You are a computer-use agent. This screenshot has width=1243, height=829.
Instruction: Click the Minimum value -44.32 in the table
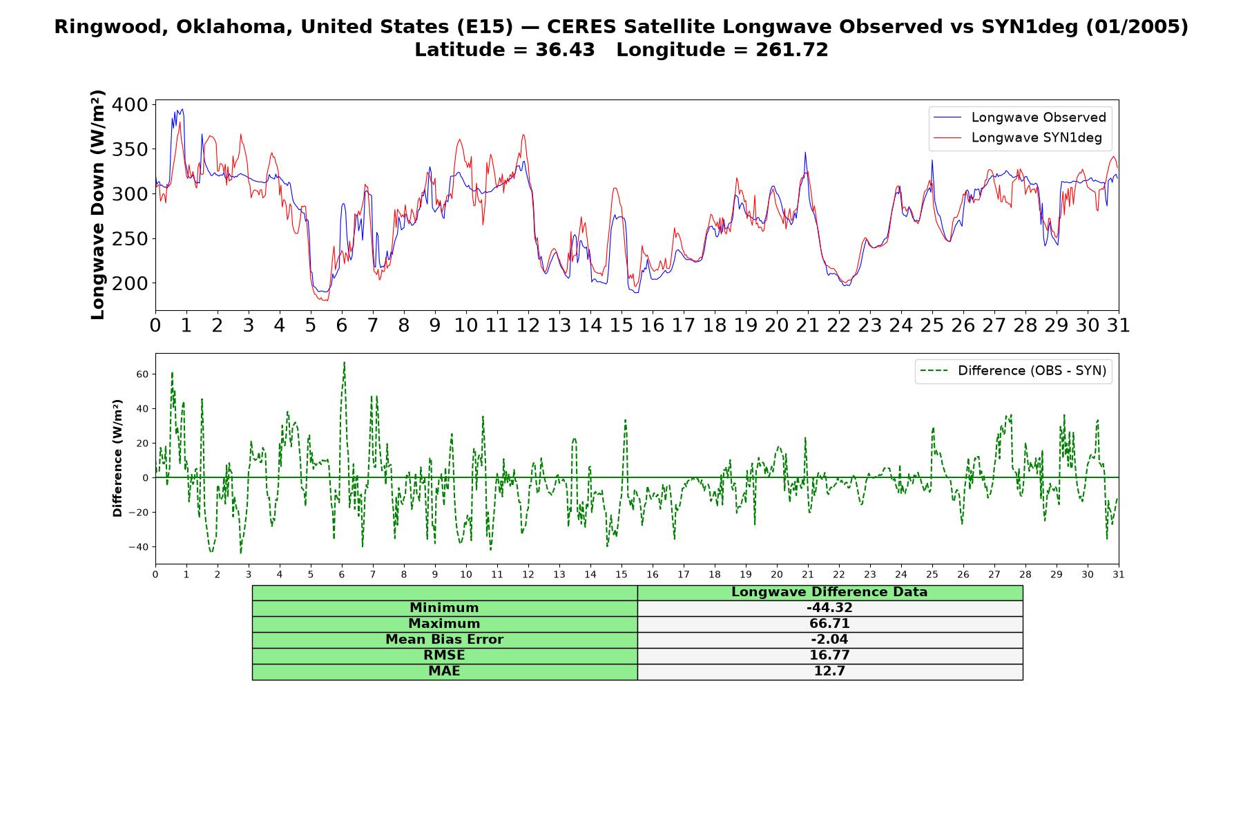click(x=829, y=608)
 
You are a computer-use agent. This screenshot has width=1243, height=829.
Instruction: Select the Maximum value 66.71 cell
click(x=829, y=624)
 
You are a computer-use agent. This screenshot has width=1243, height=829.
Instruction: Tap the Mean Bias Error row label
click(x=444, y=640)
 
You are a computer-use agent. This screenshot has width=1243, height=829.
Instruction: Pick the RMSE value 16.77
click(x=829, y=656)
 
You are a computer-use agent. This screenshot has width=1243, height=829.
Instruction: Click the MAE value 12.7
click(x=829, y=671)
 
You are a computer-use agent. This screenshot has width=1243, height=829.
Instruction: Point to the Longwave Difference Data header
click(x=829, y=592)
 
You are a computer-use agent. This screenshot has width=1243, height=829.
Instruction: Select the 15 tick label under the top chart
click(x=621, y=325)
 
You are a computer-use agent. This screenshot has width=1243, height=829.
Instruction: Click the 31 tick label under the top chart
click(x=1118, y=325)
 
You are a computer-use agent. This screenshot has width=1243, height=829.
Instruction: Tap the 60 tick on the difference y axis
click(x=142, y=374)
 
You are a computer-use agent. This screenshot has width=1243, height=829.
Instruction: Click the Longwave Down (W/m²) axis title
click(x=97, y=204)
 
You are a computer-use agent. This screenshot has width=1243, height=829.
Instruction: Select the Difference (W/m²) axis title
click(x=117, y=458)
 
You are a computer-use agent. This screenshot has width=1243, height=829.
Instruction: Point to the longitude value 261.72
click(x=792, y=50)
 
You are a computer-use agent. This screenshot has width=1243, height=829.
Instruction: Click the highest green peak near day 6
click(x=344, y=362)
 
